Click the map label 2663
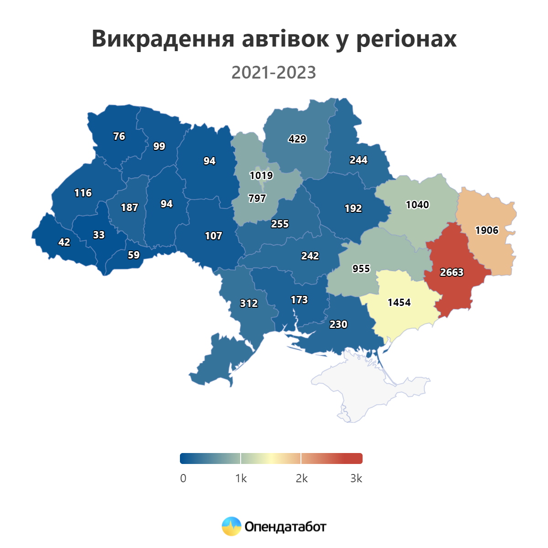click(x=452, y=273)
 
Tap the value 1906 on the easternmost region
click(x=487, y=230)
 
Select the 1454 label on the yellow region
click(x=399, y=302)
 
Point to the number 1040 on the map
click(x=417, y=205)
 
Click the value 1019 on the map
click(x=261, y=175)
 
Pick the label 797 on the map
click(x=257, y=198)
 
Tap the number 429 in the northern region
click(x=297, y=139)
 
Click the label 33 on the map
click(x=99, y=235)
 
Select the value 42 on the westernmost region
click(x=64, y=242)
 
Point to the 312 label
click(x=249, y=303)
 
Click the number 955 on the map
click(x=361, y=269)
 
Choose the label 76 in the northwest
click(x=119, y=136)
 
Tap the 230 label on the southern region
click(x=338, y=324)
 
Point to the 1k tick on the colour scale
click(x=241, y=478)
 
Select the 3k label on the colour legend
click(x=356, y=478)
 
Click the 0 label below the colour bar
click(x=183, y=478)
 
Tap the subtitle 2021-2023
click(x=274, y=73)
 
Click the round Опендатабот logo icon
click(x=232, y=527)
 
